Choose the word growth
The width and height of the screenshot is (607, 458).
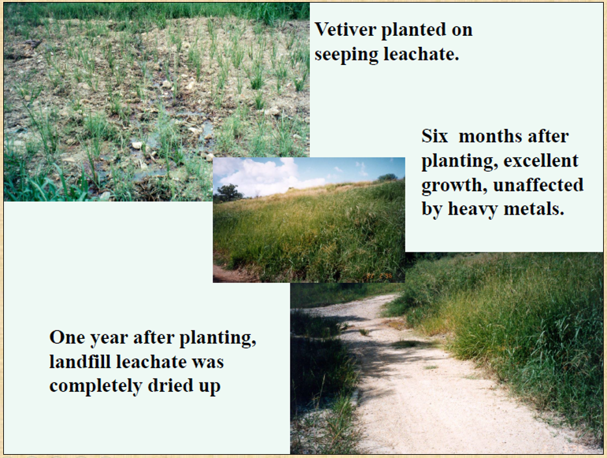[454, 185]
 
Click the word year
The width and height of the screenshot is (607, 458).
[111, 338]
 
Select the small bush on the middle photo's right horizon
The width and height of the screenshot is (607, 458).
[387, 176]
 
